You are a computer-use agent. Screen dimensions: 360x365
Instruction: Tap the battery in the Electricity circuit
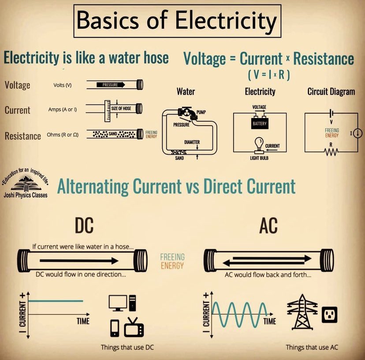point(260,123)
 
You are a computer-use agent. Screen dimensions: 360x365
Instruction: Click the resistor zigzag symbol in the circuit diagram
point(331,152)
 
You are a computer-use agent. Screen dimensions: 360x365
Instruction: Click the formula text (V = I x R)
point(268,75)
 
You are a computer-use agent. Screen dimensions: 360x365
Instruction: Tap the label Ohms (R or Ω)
point(63,135)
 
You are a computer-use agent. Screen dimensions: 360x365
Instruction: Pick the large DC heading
point(84,226)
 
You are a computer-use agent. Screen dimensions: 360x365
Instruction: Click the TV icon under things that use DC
point(134,328)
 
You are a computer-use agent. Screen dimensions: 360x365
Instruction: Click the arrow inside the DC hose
point(79,260)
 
